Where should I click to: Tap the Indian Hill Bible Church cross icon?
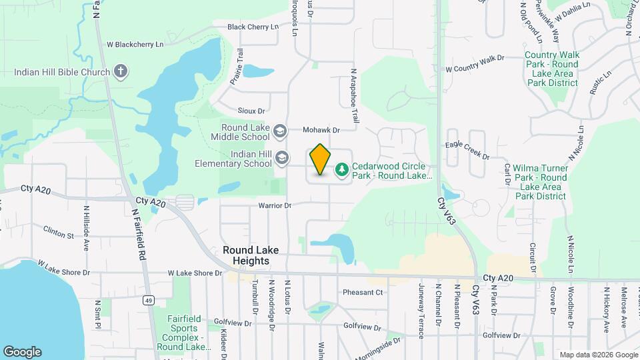coord(121,71)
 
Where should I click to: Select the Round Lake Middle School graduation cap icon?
coord(281,131)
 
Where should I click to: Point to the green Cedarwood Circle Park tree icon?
coord(342,170)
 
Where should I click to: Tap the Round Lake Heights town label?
coord(247,255)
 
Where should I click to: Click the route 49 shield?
coord(149,301)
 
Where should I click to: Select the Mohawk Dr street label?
coord(321,130)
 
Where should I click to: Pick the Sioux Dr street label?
coord(251,111)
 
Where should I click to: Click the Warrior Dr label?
coord(275,206)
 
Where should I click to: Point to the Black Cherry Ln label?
coord(253,27)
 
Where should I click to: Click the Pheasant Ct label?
coord(363,292)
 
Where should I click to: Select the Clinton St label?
coord(59,235)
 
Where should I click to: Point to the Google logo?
coord(22,351)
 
